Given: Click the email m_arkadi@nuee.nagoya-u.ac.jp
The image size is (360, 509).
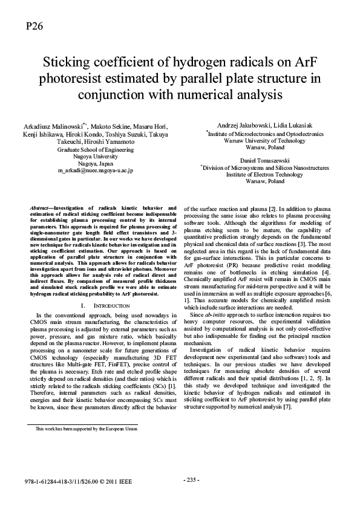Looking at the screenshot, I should [x=95, y=171].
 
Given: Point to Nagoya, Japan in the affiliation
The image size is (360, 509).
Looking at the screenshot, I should [x=95, y=163].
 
